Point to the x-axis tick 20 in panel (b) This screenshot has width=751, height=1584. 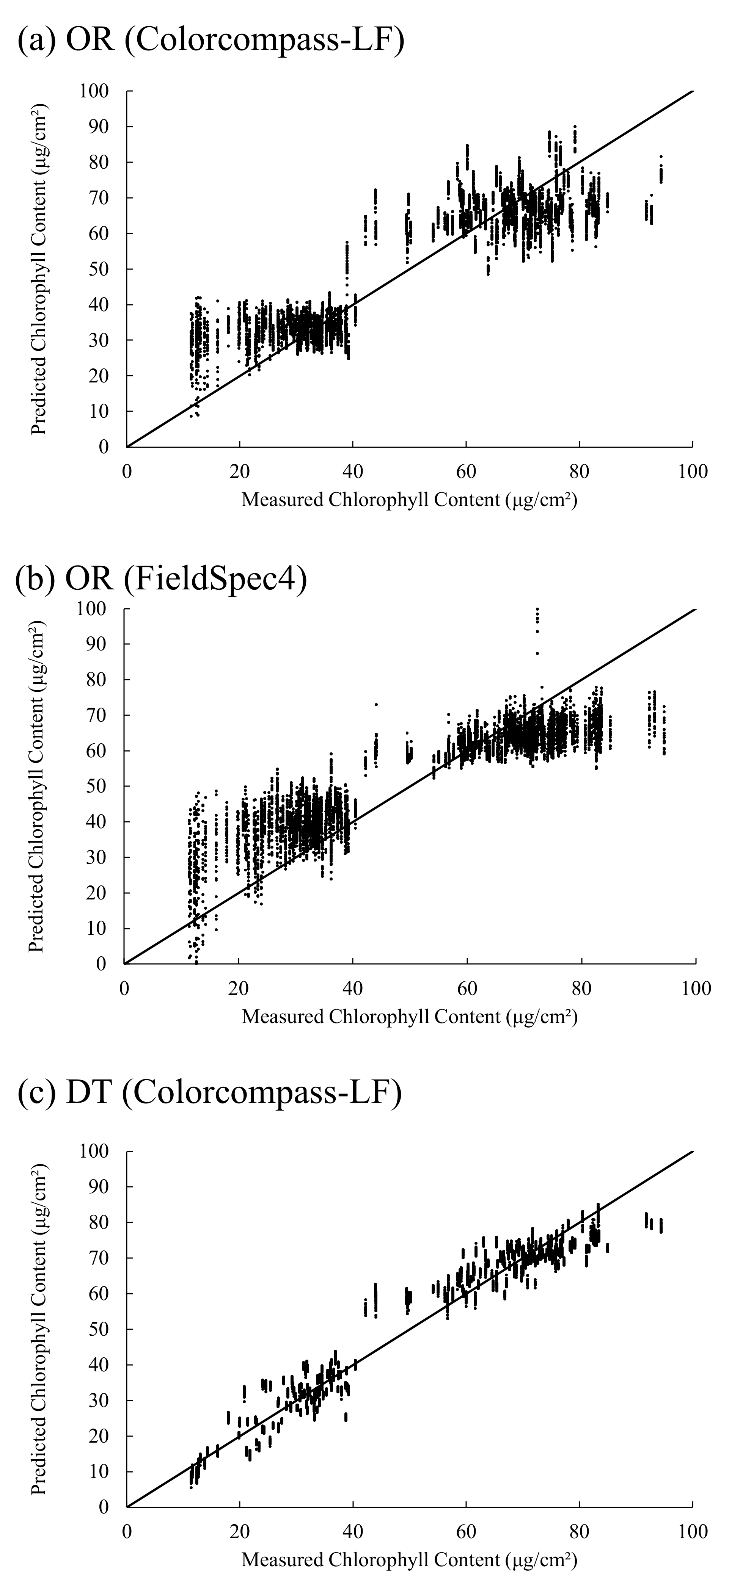[238, 989]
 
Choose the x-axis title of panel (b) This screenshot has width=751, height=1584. [409, 1017]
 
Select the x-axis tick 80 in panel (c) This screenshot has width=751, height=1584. [580, 1532]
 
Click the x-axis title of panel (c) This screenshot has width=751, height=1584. [409, 1559]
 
